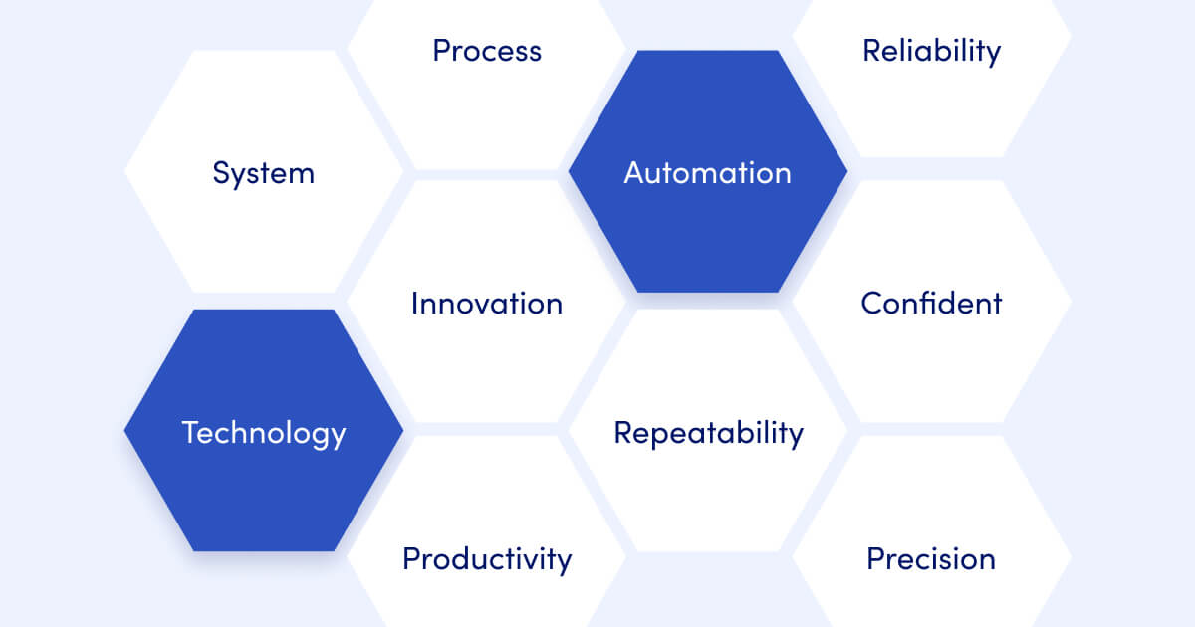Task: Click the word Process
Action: click(x=487, y=51)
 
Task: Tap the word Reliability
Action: click(x=931, y=51)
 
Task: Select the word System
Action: click(x=263, y=173)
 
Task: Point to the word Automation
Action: click(x=707, y=173)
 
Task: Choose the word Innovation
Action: click(x=486, y=303)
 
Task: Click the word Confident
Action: click(x=931, y=303)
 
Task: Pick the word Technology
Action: click(x=263, y=433)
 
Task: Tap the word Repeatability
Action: click(x=707, y=433)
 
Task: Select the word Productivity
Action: click(x=486, y=559)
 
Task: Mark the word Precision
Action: click(x=931, y=559)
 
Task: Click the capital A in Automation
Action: click(x=634, y=173)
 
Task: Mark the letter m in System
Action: click(x=302, y=175)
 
